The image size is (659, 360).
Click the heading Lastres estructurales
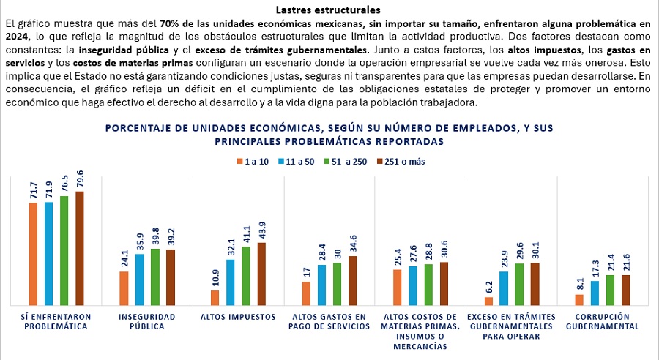pyautogui.click(x=329, y=10)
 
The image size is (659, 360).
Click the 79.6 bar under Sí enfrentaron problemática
pyautogui.click(x=80, y=248)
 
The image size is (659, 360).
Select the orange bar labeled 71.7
pyautogui.click(x=33, y=253)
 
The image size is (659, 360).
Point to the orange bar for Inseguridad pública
pyautogui.click(x=124, y=288)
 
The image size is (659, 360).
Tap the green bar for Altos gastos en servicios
pyautogui.click(x=338, y=284)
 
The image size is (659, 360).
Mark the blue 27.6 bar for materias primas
pyautogui.click(x=413, y=285)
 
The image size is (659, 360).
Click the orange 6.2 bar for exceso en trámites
pyautogui.click(x=489, y=301)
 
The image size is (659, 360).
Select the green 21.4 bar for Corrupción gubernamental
pyautogui.click(x=610, y=290)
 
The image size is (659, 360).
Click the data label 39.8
pyautogui.click(x=154, y=238)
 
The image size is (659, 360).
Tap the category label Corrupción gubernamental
pyautogui.click(x=603, y=322)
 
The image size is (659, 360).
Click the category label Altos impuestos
pyautogui.click(x=238, y=317)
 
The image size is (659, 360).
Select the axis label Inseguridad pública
pyautogui.click(x=146, y=322)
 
